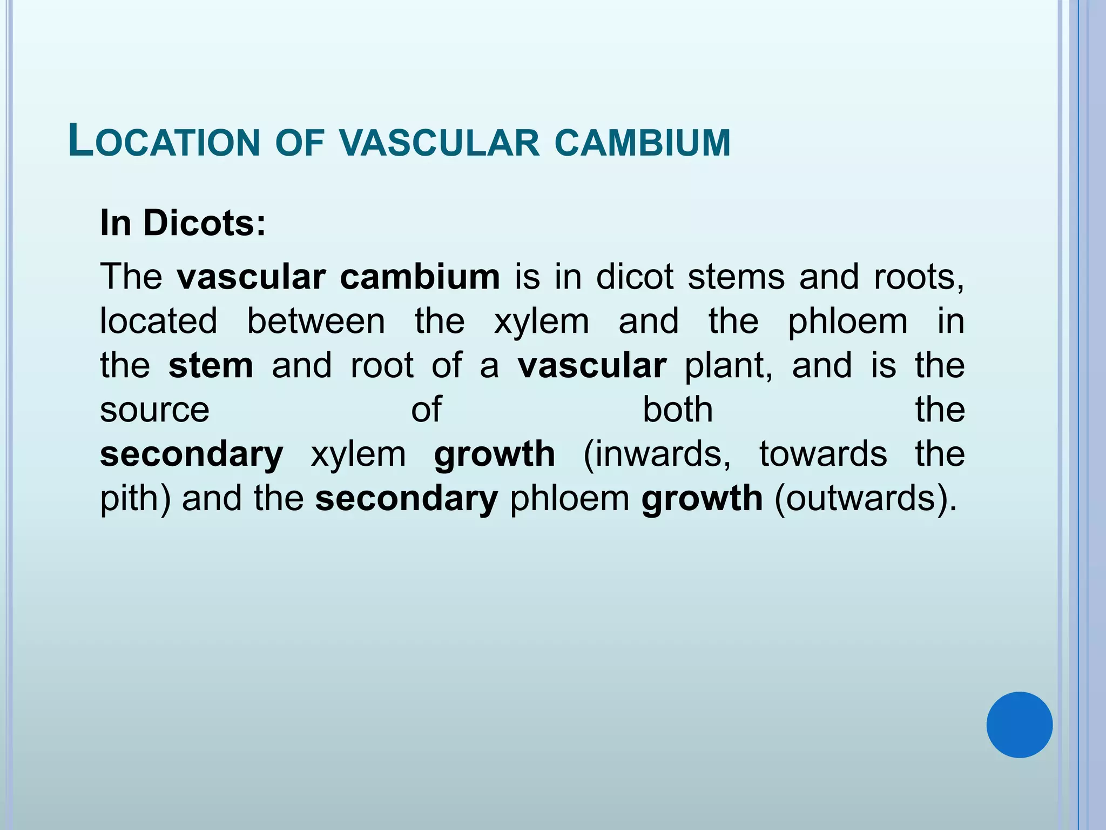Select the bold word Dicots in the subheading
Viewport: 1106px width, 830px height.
point(204,223)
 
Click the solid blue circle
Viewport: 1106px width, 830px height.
point(1019,725)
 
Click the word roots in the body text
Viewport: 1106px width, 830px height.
point(919,277)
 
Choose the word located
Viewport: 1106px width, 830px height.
point(159,321)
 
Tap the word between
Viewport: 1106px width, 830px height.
point(316,321)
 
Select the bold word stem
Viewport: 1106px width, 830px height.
point(211,365)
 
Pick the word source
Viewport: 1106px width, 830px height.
point(154,410)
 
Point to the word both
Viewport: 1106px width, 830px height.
point(678,410)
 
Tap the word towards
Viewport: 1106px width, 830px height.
point(823,454)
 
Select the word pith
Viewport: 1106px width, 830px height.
point(132,498)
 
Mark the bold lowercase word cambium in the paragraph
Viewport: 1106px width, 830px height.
point(420,277)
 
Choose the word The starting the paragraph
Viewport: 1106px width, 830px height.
point(131,277)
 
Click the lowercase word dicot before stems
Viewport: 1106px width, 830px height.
point(635,277)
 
